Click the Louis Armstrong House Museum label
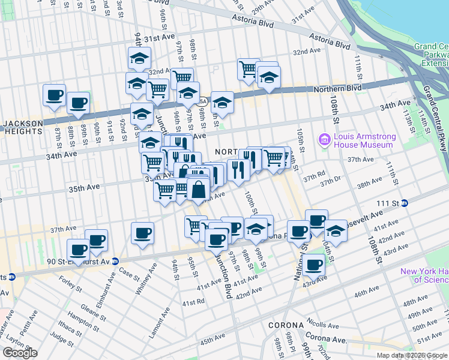[x=364, y=140]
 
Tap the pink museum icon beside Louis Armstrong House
[x=325, y=140]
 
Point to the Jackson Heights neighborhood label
[x=23, y=124]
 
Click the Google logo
[x=20, y=353]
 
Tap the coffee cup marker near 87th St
[x=54, y=95]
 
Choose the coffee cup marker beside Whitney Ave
[x=142, y=233]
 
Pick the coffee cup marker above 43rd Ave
[x=313, y=264]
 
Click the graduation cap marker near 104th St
[x=336, y=231]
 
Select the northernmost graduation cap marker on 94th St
[x=139, y=58]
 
